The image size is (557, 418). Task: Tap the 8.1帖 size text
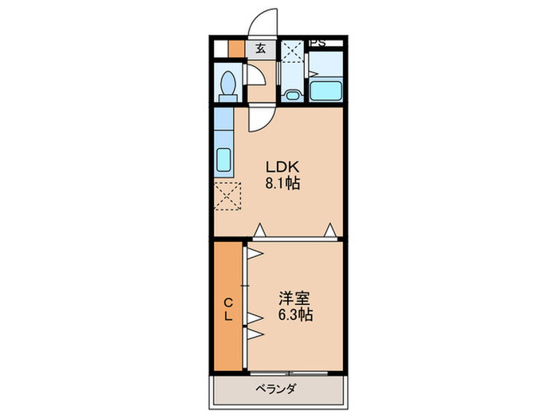click(x=282, y=184)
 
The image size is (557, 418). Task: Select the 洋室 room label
click(x=294, y=299)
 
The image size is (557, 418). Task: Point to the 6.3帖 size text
click(x=294, y=315)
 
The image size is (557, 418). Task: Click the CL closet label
click(x=228, y=309)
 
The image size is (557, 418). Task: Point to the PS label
click(x=317, y=42)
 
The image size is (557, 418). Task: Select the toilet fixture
click(x=228, y=84)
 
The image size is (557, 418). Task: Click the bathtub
click(x=325, y=90)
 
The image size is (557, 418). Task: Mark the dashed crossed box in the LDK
click(x=227, y=196)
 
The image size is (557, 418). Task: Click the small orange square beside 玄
click(x=236, y=48)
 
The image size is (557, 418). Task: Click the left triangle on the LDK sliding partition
click(x=259, y=230)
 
